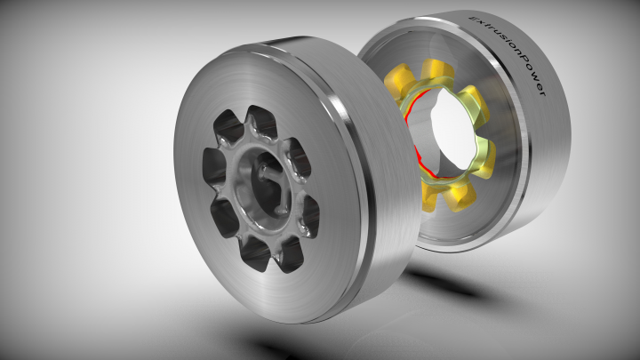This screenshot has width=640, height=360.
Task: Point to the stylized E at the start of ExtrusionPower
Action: (475, 18)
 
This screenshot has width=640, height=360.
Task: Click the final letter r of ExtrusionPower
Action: (541, 92)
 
